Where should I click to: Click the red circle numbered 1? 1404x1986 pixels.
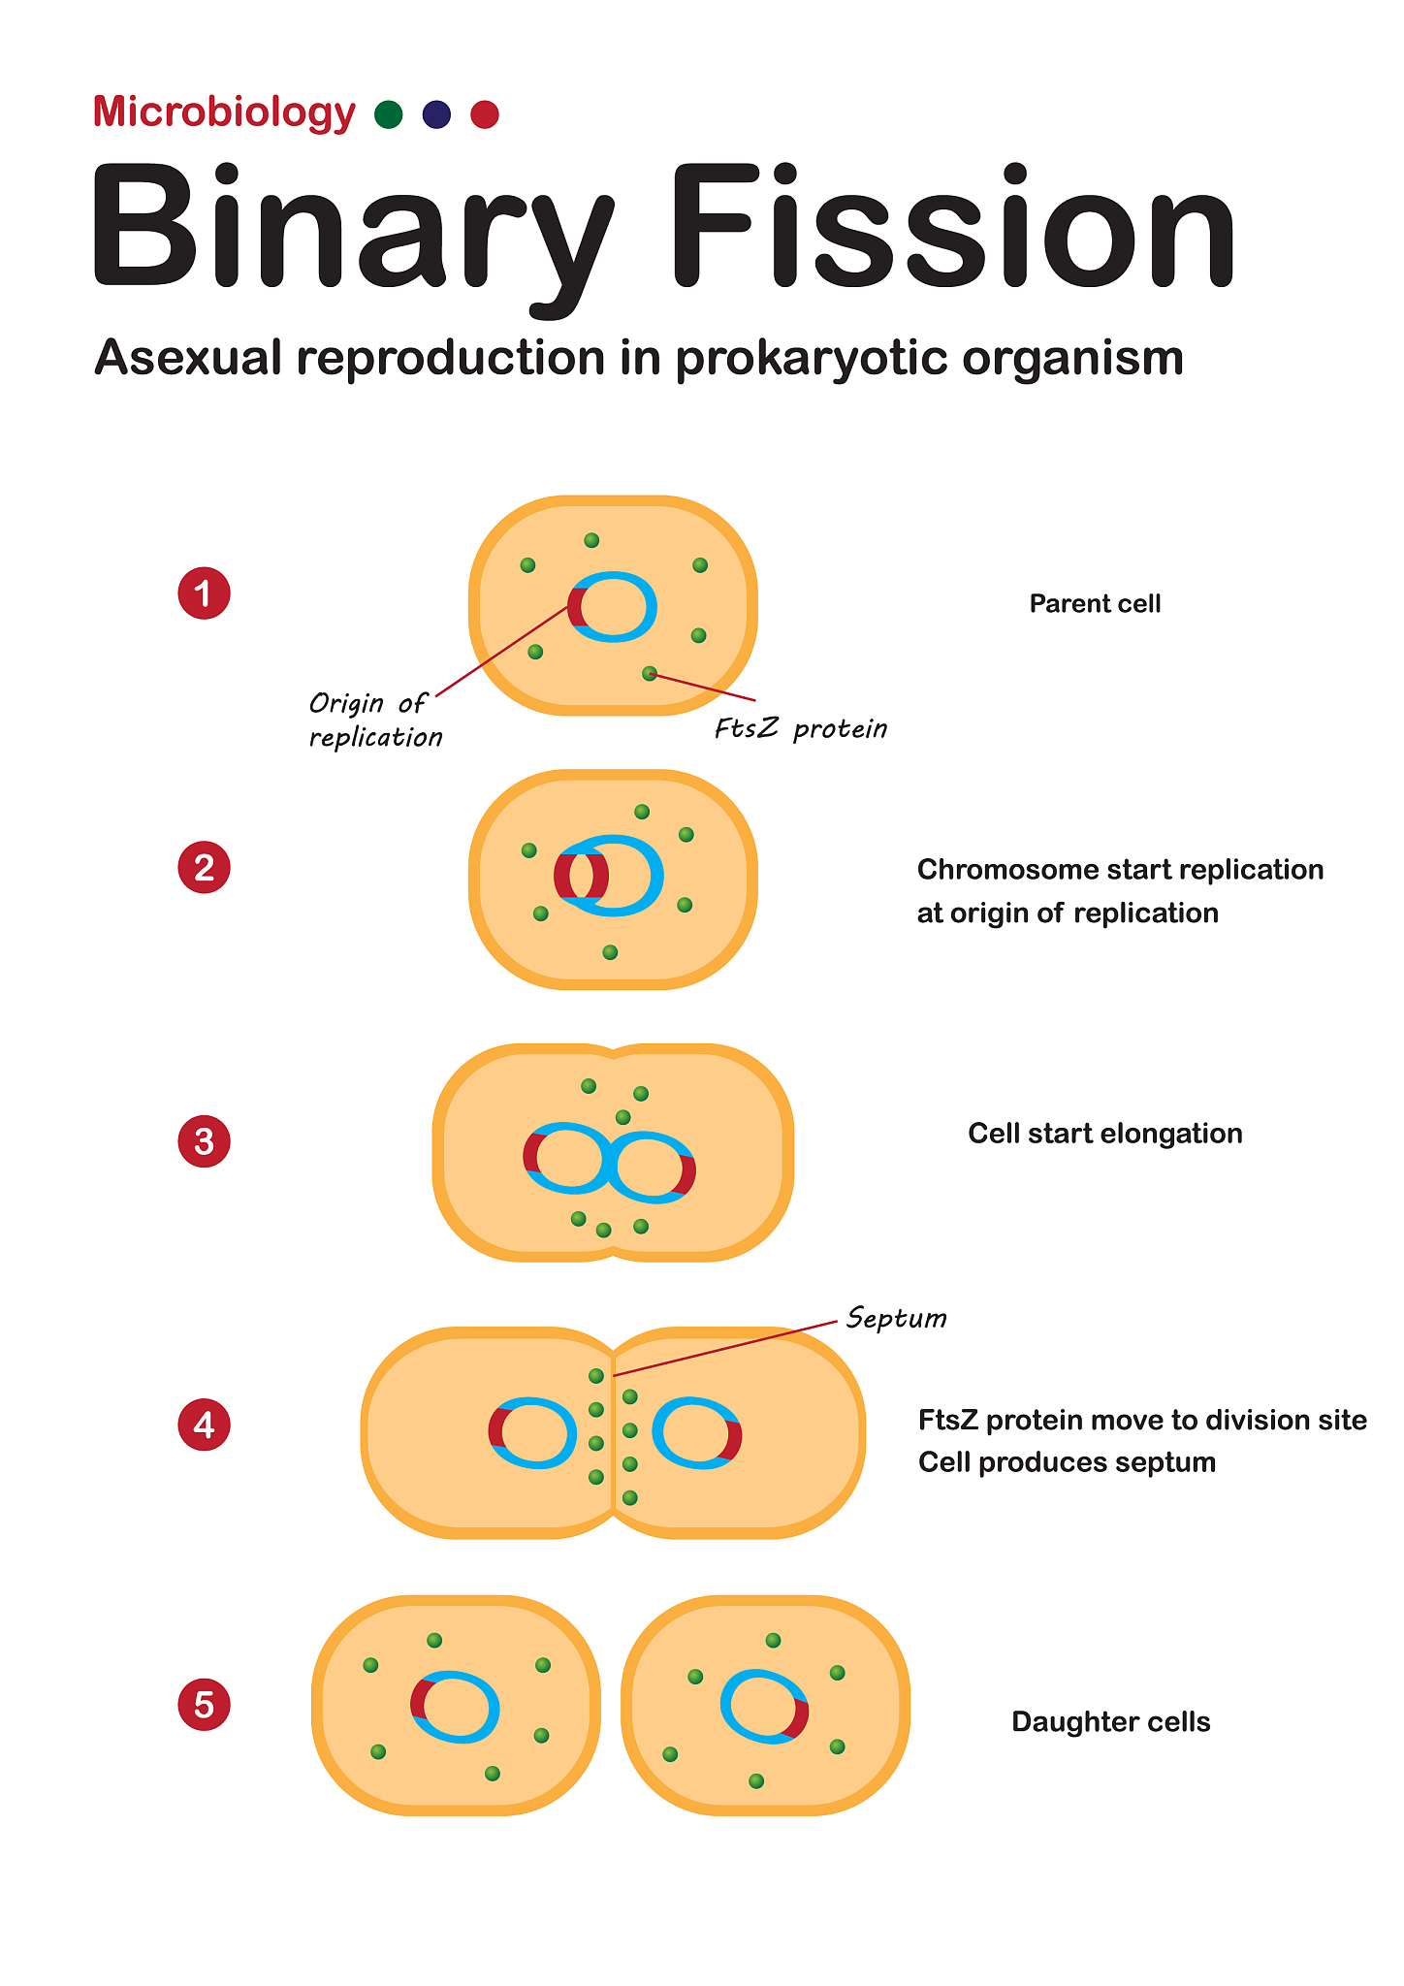click(x=204, y=593)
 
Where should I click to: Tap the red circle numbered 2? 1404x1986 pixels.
click(x=204, y=867)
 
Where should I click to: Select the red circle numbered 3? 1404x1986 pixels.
click(x=204, y=1141)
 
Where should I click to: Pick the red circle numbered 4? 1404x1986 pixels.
click(x=204, y=1425)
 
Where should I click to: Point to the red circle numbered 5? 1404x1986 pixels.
click(x=204, y=1705)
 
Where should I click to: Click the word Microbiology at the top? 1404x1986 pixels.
click(x=224, y=112)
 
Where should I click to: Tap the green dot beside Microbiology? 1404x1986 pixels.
click(x=388, y=114)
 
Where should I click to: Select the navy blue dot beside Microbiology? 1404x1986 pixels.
click(x=436, y=114)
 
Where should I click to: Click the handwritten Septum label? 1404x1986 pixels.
click(x=896, y=1318)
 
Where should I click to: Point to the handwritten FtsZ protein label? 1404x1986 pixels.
click(x=800, y=728)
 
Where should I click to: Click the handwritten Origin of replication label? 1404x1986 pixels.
click(x=374, y=720)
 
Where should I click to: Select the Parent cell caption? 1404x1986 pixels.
click(x=1095, y=604)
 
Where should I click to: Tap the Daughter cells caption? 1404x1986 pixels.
click(x=1110, y=1722)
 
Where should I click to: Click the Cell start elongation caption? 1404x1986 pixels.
click(x=1104, y=1134)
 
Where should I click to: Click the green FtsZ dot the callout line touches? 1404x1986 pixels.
click(x=650, y=673)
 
